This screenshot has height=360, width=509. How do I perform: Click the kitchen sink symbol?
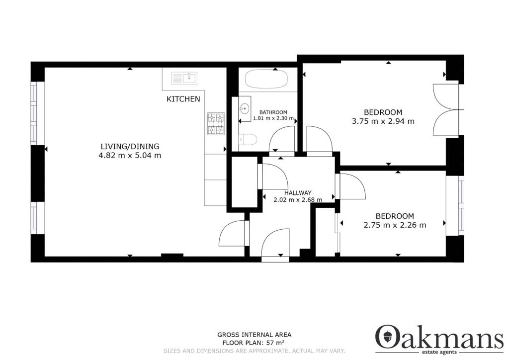[184, 78]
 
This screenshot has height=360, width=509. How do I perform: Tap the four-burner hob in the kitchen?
[216, 123]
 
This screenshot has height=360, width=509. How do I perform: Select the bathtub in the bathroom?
[265, 79]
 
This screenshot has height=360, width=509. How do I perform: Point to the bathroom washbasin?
[245, 109]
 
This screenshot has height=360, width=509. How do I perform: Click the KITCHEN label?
[183, 99]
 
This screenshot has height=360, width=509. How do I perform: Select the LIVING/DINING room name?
[130, 146]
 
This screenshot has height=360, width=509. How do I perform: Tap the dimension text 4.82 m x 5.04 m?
[130, 155]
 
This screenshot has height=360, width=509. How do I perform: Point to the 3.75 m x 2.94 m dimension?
[383, 121]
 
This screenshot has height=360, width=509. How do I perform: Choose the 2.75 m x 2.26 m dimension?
[395, 225]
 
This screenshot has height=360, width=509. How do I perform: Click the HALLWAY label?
[298, 193]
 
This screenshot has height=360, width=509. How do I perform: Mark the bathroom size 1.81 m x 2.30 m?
[274, 118]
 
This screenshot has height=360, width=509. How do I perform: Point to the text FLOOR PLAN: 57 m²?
[254, 343]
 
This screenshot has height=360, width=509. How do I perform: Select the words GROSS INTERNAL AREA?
[254, 335]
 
